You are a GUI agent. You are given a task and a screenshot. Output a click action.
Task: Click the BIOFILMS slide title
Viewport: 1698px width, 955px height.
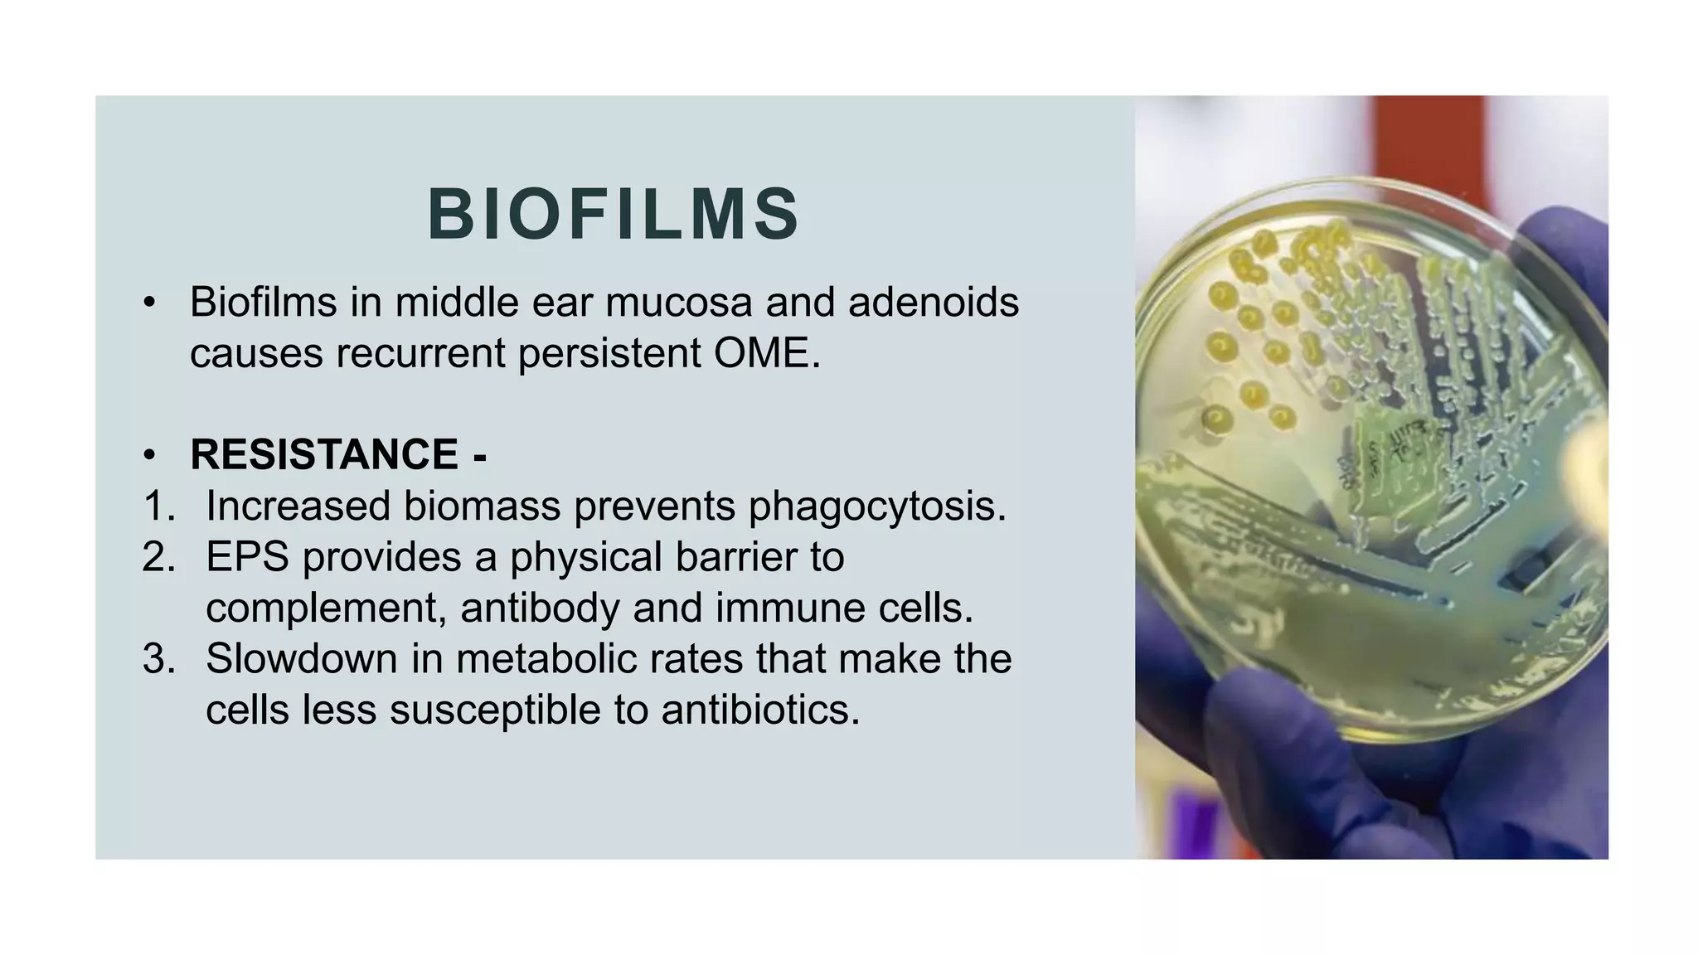614,214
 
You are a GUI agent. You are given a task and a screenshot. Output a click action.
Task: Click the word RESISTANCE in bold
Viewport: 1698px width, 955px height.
324,454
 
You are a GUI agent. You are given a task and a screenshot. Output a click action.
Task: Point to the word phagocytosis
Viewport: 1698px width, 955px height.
876,506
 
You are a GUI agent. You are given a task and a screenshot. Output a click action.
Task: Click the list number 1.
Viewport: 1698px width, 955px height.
158,506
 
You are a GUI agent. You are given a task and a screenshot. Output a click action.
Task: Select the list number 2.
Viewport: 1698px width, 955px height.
158,556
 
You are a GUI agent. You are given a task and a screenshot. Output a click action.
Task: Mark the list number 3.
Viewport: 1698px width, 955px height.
158,659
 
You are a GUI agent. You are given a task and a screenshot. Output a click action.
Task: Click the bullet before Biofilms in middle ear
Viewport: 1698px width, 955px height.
149,303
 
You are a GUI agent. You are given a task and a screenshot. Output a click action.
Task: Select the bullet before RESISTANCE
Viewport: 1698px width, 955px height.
149,455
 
